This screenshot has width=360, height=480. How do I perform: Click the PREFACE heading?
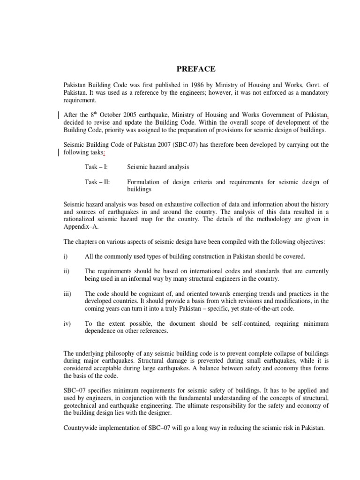coord(196,69)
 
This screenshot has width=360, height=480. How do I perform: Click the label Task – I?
coord(96,167)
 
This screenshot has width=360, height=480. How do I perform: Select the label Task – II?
coord(97,182)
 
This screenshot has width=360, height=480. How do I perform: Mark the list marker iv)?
coord(67,323)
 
